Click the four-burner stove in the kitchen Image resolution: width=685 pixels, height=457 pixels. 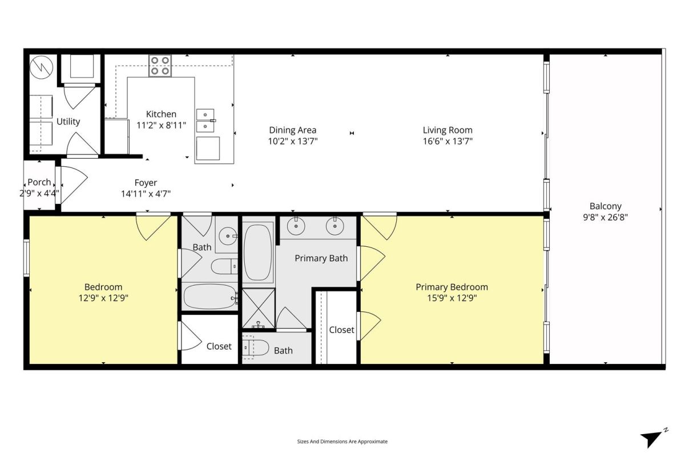pyautogui.click(x=160, y=66)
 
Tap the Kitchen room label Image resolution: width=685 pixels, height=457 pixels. pyautogui.click(x=161, y=114)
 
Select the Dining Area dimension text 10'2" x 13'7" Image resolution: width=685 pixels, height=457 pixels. pyautogui.click(x=293, y=141)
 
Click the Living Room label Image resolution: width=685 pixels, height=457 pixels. pyautogui.click(x=448, y=130)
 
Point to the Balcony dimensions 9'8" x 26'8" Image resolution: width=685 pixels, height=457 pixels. pyautogui.click(x=605, y=217)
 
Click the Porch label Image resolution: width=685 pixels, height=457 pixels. pyautogui.click(x=39, y=182)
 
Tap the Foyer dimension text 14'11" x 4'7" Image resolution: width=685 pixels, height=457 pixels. pyautogui.click(x=146, y=194)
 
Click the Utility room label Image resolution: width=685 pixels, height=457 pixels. pyautogui.click(x=68, y=122)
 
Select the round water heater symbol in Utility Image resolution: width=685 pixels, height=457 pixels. pyautogui.click(x=41, y=67)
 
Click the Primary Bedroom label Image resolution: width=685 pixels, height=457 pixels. pyautogui.click(x=452, y=287)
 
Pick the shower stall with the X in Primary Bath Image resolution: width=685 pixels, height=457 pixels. pyautogui.click(x=259, y=308)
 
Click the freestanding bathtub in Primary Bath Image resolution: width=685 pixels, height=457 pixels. pyautogui.click(x=258, y=252)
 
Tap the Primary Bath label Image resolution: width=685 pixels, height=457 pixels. pyautogui.click(x=321, y=258)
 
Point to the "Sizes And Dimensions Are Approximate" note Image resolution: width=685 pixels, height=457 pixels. pyautogui.click(x=342, y=442)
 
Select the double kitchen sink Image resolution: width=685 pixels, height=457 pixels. pyautogui.click(x=205, y=121)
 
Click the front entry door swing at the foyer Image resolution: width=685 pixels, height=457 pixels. pyautogui.click(x=74, y=185)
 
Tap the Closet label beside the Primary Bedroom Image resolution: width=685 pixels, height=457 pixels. pyautogui.click(x=341, y=330)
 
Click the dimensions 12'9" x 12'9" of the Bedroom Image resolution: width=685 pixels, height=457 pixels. pyautogui.click(x=103, y=298)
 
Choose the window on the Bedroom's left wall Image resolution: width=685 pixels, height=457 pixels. pyautogui.click(x=27, y=258)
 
